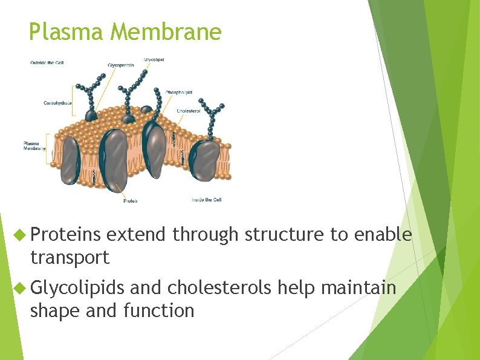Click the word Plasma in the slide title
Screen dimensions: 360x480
(66, 31)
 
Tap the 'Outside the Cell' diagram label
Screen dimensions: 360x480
(47, 62)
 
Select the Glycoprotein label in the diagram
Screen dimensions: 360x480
(122, 65)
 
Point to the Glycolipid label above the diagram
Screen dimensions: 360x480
(154, 59)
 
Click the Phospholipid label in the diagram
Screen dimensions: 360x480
(179, 92)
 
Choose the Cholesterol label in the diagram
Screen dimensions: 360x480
(189, 111)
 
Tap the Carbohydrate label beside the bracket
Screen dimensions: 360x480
(57, 103)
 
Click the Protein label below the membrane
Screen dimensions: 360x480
(131, 201)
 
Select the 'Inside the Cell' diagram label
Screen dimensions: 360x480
(207, 200)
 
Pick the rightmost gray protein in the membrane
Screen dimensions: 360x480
(205, 160)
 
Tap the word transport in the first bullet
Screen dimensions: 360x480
(70, 257)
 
